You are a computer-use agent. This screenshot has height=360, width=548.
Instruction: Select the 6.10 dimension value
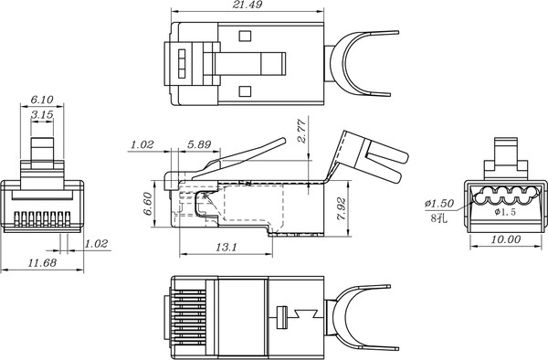point(40,99)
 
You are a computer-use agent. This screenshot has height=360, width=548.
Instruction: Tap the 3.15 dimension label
point(40,115)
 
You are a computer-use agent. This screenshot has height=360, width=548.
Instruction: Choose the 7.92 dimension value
point(340,208)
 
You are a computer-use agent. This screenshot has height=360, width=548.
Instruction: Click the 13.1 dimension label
point(226,247)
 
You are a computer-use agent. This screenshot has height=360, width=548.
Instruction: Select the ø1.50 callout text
point(439,203)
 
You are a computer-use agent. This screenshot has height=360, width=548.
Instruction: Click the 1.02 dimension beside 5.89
point(142,144)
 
